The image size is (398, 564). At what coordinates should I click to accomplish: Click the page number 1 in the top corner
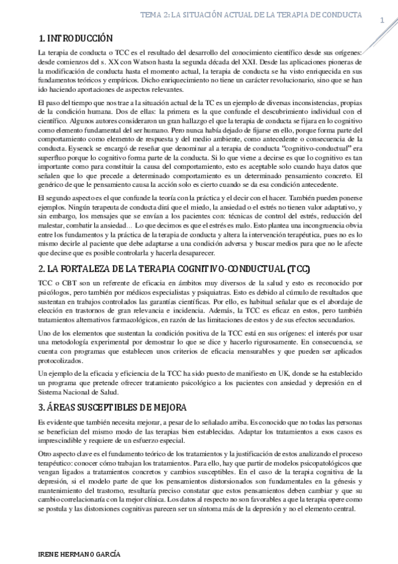tap(383, 20)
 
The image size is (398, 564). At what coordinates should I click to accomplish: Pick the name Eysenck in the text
tap(52, 150)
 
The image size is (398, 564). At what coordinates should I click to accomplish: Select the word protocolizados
tap(62, 360)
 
